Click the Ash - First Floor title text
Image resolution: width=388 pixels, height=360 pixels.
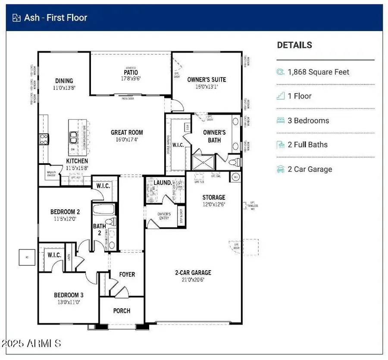pyautogui.click(x=56, y=18)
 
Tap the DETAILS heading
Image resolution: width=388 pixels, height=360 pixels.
pyautogui.click(x=294, y=45)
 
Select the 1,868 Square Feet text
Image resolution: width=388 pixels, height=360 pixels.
pyautogui.click(x=318, y=72)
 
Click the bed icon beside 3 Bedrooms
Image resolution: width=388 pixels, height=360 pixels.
pyautogui.click(x=281, y=121)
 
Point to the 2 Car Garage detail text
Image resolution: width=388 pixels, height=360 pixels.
pyautogui.click(x=310, y=169)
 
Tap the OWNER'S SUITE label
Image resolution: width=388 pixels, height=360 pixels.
pyautogui.click(x=207, y=79)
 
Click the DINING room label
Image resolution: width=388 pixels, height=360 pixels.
pyautogui.click(x=64, y=81)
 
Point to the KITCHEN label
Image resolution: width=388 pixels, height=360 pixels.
pyautogui.click(x=77, y=161)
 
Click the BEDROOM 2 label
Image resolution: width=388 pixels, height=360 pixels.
pyautogui.click(x=65, y=212)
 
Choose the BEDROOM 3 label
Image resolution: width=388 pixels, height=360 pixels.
pyautogui.click(x=69, y=295)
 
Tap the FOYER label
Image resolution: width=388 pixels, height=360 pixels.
pyautogui.click(x=127, y=274)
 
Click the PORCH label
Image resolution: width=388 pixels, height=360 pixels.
pyautogui.click(x=122, y=310)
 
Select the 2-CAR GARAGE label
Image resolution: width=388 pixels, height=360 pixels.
pyautogui.click(x=193, y=272)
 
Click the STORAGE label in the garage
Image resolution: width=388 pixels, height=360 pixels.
pyautogui.click(x=214, y=198)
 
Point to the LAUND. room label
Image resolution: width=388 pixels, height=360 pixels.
pyautogui.click(x=163, y=183)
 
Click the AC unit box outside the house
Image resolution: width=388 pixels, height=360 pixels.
pyautogui.click(x=27, y=258)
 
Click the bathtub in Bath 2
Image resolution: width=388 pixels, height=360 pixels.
pyautogui.click(x=103, y=210)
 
